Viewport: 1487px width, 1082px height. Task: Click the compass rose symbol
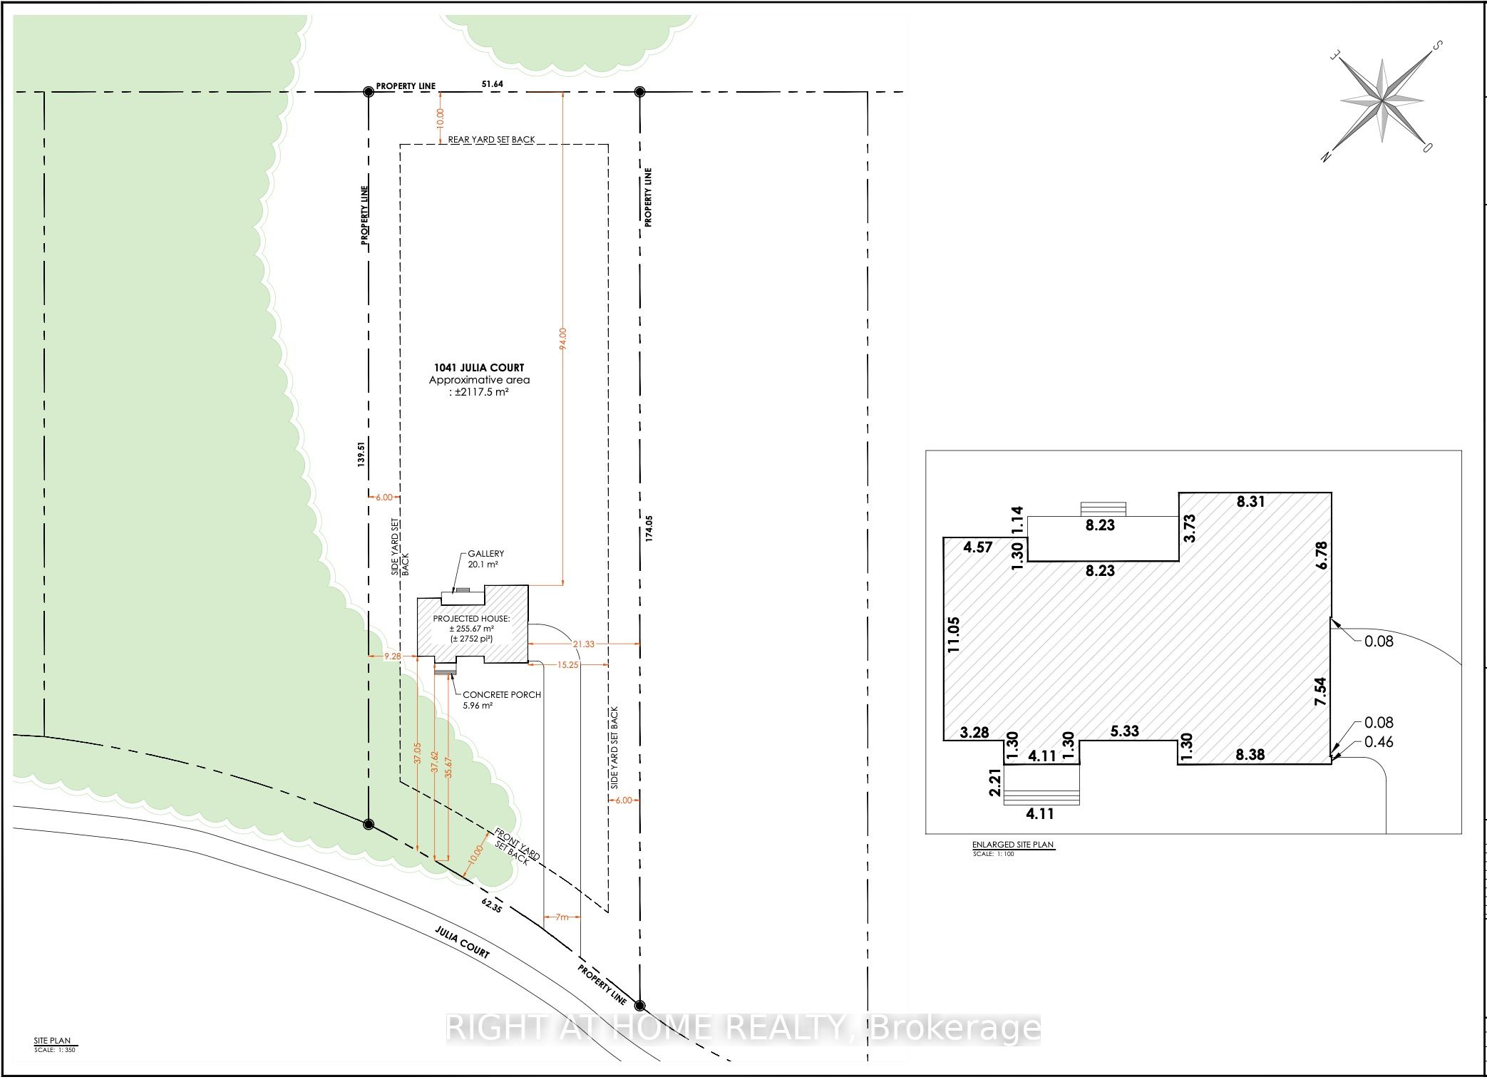coord(1381,102)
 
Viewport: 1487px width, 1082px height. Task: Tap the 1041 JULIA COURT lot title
coord(478,368)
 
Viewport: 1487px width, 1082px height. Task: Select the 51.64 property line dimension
coord(492,84)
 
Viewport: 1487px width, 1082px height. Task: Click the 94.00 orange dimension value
coord(562,338)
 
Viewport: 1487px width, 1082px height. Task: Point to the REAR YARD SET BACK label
coord(491,140)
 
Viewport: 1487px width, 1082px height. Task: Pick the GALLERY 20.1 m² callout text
coord(485,559)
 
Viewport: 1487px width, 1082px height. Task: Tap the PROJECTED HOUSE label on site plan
coord(471,619)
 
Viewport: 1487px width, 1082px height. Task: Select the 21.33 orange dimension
coord(583,644)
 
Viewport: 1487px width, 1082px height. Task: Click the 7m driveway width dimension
coord(562,917)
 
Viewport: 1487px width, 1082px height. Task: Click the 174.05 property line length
coord(649,529)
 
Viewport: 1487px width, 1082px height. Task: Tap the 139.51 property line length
coord(361,453)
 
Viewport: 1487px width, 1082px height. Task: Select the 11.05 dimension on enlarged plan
coord(955,634)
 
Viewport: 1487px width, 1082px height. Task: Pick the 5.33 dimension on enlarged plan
coord(1124,731)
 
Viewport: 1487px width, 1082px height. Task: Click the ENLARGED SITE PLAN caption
coord(1012,845)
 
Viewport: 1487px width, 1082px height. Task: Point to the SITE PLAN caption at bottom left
coord(52,1041)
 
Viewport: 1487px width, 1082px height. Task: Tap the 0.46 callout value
coord(1378,742)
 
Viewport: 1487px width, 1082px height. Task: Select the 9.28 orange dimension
coord(392,656)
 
